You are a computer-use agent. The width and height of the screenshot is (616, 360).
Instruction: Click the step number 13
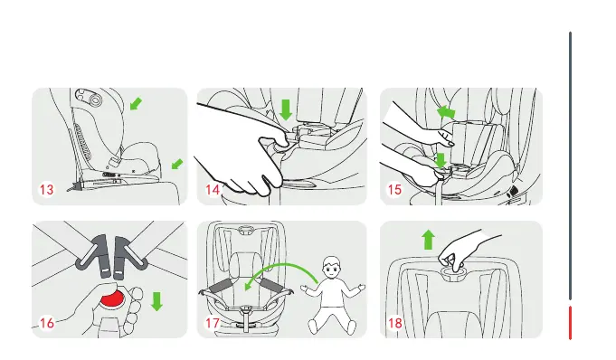(x=46, y=190)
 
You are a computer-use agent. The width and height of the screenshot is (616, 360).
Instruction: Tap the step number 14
(x=213, y=190)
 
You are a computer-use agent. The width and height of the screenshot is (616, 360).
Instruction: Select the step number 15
(x=394, y=190)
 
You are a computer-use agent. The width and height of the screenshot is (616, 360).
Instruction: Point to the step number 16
(x=47, y=323)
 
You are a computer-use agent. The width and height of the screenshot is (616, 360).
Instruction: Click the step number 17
(x=213, y=323)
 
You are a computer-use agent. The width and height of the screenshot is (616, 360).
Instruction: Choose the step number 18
(x=394, y=323)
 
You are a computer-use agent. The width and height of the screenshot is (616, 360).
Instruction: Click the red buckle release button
(x=112, y=299)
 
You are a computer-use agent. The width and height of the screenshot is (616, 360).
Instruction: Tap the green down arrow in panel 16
(x=156, y=301)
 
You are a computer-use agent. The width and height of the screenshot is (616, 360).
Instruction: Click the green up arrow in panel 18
(x=428, y=240)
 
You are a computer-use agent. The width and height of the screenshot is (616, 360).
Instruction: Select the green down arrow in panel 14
(x=286, y=109)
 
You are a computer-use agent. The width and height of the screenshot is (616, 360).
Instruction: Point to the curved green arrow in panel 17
(x=280, y=265)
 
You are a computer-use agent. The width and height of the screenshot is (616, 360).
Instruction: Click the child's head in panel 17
(x=332, y=269)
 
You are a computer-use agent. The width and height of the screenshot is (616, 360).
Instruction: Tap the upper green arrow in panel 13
(x=136, y=104)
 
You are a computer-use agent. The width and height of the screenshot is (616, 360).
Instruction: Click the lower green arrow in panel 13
(x=177, y=164)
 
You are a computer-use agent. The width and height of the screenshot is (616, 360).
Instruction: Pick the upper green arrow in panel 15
(x=446, y=111)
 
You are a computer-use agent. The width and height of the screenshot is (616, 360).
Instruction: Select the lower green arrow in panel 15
(x=441, y=161)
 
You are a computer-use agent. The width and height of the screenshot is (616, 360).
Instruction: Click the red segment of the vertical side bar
(x=570, y=323)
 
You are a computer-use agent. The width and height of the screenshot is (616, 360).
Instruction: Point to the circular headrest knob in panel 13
(x=96, y=101)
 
